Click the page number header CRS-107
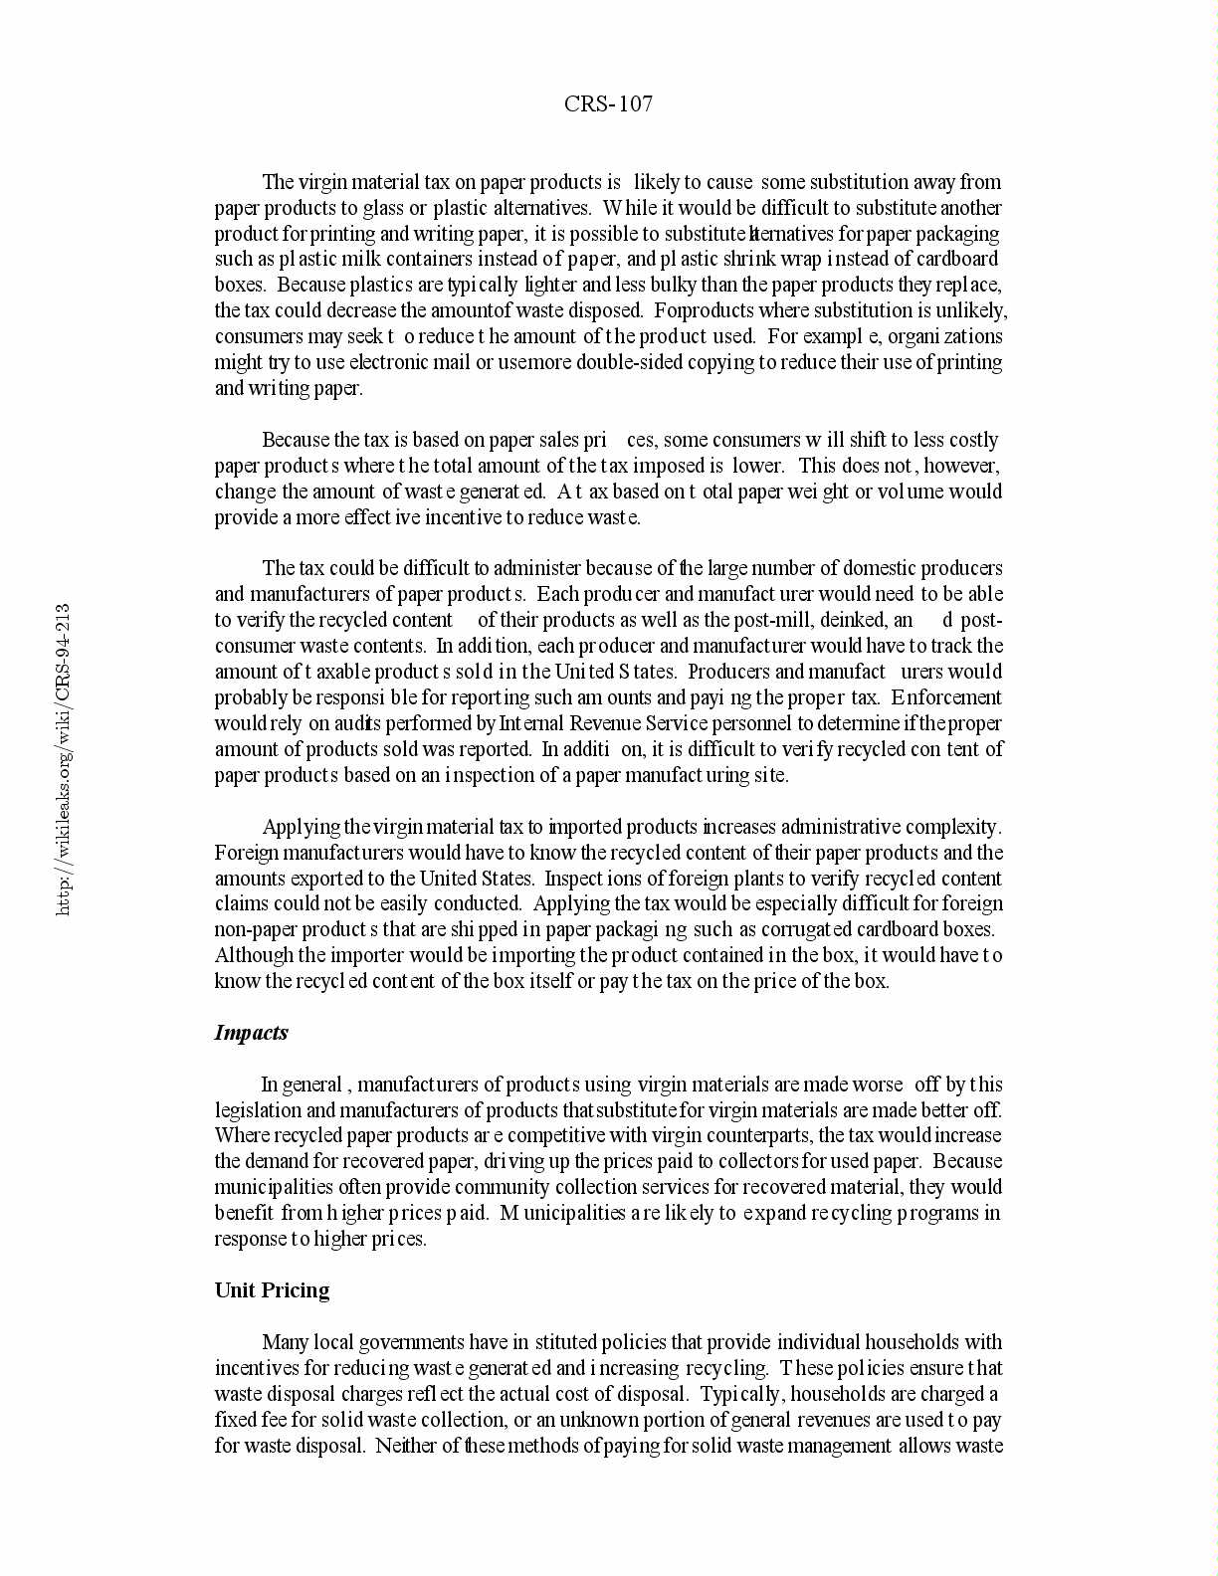click(x=608, y=103)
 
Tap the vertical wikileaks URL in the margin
click(x=63, y=758)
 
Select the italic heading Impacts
click(x=251, y=1032)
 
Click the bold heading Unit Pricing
click(x=272, y=1290)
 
